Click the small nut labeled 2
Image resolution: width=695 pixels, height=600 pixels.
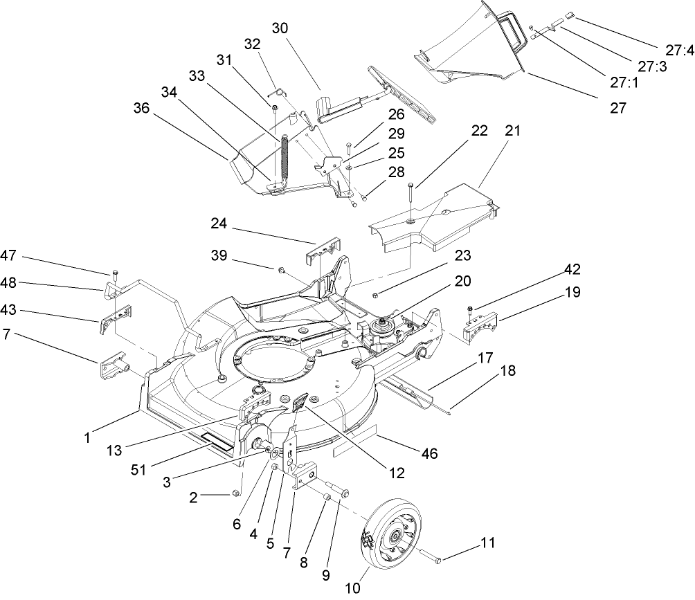pos(237,493)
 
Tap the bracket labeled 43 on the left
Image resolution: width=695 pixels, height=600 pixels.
pos(116,318)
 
